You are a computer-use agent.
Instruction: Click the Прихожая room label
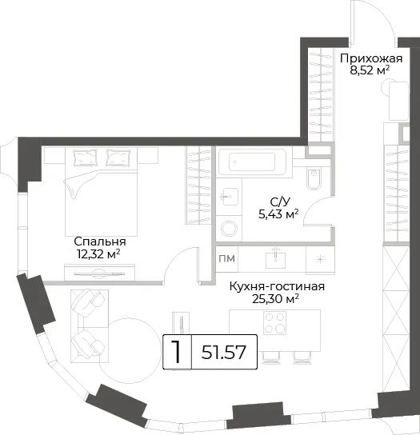pyautogui.click(x=371, y=59)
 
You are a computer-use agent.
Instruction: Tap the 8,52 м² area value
pyautogui.click(x=370, y=70)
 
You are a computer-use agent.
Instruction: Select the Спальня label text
pyautogui.click(x=100, y=241)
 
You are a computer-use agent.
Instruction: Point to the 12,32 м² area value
pyautogui.click(x=98, y=253)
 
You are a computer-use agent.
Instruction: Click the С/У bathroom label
pyautogui.click(x=279, y=202)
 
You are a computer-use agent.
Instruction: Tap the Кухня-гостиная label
pyautogui.click(x=277, y=286)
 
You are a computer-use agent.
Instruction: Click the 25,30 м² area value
pyautogui.click(x=275, y=299)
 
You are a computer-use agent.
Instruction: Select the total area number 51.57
pyautogui.click(x=224, y=352)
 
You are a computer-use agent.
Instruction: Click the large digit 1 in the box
pyautogui.click(x=176, y=352)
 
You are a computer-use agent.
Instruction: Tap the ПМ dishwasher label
pyautogui.click(x=226, y=258)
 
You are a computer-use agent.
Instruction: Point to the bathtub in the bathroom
pyautogui.click(x=252, y=162)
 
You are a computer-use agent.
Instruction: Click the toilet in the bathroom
pyautogui.click(x=314, y=178)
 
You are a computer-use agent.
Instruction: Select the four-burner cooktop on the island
pyautogui.click(x=274, y=322)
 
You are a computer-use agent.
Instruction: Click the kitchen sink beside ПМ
pyautogui.click(x=275, y=260)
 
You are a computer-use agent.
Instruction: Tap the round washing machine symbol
pyautogui.click(x=229, y=229)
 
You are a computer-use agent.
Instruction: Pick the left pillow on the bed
pyautogui.click(x=85, y=158)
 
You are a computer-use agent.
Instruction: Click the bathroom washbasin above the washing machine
pyautogui.click(x=230, y=197)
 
